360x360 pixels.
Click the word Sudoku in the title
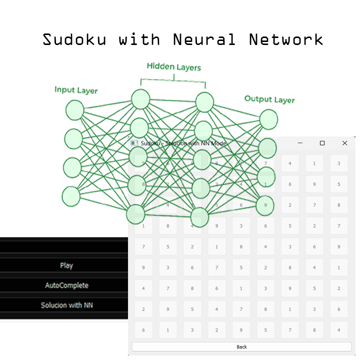pyautogui.click(x=74, y=39)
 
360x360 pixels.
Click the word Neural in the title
pyautogui.click(x=204, y=39)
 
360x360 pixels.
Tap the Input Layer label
pyautogui.click(x=76, y=90)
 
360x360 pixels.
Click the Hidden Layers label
pyautogui.click(x=173, y=66)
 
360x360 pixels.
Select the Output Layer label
pyautogui.click(x=269, y=99)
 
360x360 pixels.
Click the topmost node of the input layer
pyautogui.click(x=75, y=110)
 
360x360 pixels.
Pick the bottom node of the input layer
pyautogui.click(x=71, y=196)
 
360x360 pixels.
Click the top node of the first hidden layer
pyautogui.click(x=140, y=99)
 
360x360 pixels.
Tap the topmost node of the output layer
pyautogui.click(x=268, y=119)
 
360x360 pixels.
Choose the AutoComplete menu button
pyautogui.click(x=66, y=285)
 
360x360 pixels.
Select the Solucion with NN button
pyautogui.click(x=66, y=305)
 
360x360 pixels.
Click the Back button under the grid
pyautogui.click(x=241, y=346)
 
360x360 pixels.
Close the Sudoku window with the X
pyautogui.click(x=344, y=143)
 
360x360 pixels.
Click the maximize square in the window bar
pyautogui.click(x=322, y=143)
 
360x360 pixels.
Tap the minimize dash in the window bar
pyautogui.click(x=300, y=143)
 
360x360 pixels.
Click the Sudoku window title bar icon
pyautogui.click(x=134, y=143)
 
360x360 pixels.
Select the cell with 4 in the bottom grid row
pyautogui.click(x=338, y=330)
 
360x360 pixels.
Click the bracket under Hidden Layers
pyautogui.click(x=173, y=78)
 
